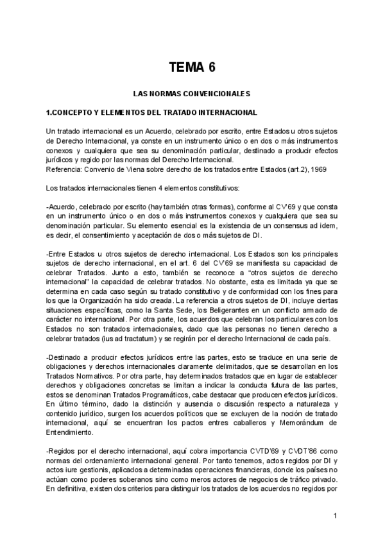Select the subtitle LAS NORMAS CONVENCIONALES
tap(192, 94)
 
